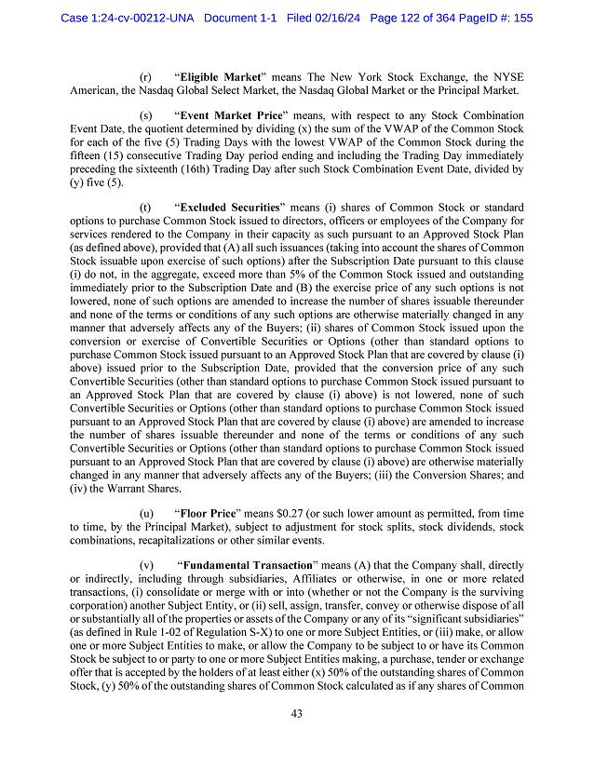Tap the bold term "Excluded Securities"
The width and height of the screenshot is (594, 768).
232,206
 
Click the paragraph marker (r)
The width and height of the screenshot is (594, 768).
145,76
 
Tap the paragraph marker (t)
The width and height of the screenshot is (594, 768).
145,206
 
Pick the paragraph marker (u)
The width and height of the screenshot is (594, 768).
146,513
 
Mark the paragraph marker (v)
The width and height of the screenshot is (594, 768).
146,565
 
